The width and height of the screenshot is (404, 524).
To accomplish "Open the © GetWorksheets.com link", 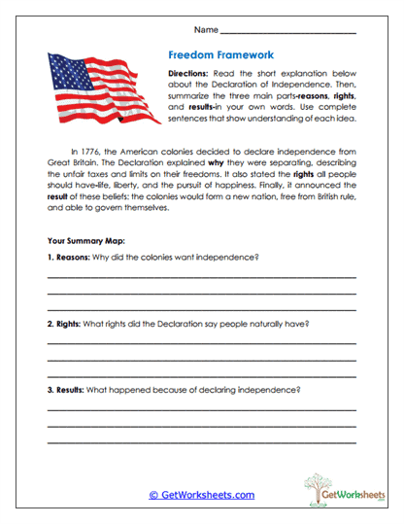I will pos(201,495).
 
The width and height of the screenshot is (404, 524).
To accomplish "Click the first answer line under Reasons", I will pos(201,277).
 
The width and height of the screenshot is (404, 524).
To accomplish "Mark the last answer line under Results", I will pos(201,444).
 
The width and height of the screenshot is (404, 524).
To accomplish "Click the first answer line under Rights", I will pos(201,343).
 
